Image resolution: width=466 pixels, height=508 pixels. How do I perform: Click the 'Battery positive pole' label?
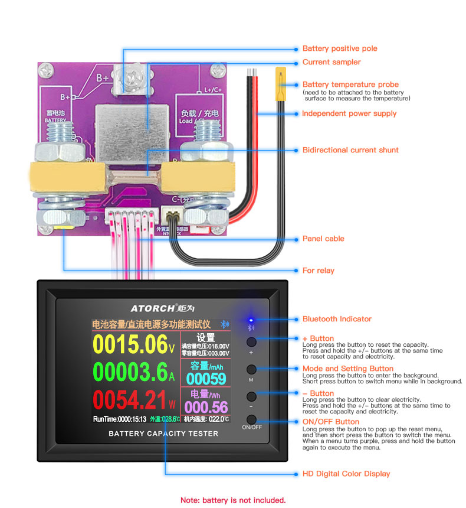coord(340,48)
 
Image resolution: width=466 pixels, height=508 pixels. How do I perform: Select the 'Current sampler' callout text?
coord(332,62)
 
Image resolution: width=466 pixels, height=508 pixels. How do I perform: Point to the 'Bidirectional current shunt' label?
coord(350,150)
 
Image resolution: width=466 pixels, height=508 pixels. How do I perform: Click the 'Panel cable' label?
coord(323,239)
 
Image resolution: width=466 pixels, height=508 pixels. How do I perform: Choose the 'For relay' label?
coord(318,271)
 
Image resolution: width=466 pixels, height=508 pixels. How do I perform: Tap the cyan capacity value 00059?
coord(206,379)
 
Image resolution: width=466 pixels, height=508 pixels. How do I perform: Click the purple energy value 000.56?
coord(206,407)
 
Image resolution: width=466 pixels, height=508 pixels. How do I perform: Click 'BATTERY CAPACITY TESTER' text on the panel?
coord(163,434)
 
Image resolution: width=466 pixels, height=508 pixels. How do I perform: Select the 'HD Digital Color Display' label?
coord(346,474)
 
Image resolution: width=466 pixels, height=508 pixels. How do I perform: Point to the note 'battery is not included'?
coord(233,500)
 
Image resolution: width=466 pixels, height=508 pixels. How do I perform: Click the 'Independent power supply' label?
coord(349,113)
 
